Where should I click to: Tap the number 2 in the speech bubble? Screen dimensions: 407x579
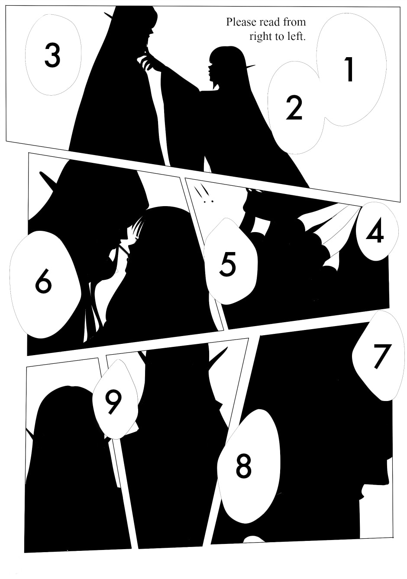(x=294, y=108)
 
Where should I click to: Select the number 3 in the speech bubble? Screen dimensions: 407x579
(x=52, y=55)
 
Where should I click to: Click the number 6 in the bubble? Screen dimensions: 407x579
(x=43, y=281)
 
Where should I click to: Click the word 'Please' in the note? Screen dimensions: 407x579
(x=241, y=22)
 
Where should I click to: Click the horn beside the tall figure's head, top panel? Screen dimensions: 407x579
(x=109, y=16)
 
